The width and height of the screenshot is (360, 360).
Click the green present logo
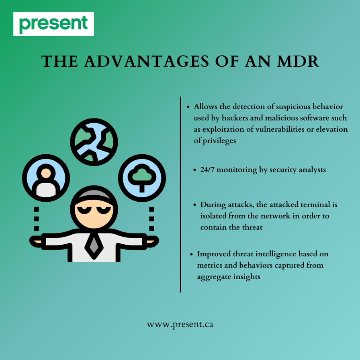point(53,24)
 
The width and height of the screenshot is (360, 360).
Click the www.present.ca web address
point(180,324)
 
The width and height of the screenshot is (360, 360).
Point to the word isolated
point(213,216)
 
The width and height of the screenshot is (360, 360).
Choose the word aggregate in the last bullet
point(214,277)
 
